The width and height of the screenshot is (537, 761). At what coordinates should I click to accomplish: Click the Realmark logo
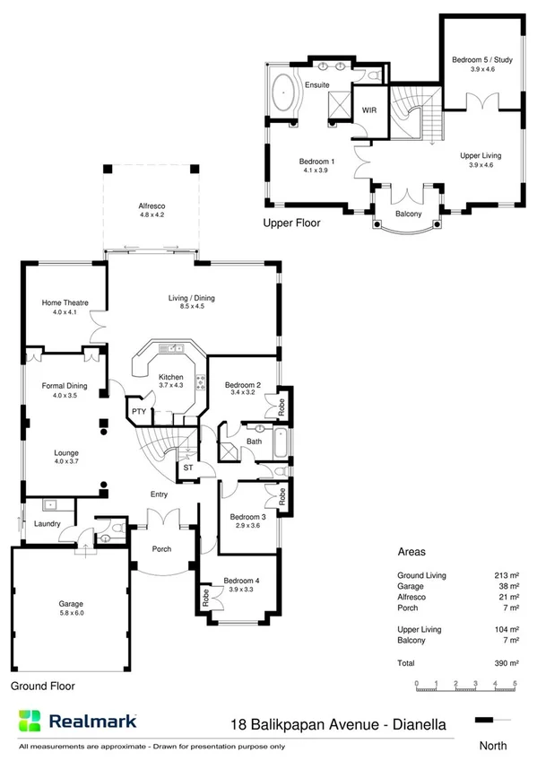coord(77,721)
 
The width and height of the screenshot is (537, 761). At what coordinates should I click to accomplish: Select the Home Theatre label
coord(65,302)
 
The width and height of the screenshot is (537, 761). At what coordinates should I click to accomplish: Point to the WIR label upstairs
coord(368,109)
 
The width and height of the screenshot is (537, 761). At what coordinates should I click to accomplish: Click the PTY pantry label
coord(139,411)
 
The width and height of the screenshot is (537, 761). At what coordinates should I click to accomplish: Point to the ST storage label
coord(187,468)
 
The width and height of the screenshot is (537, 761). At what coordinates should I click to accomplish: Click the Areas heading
coord(411,553)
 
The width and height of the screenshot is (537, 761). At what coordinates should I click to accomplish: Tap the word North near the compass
coord(492,744)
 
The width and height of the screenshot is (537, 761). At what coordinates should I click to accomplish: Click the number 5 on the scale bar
coord(515,684)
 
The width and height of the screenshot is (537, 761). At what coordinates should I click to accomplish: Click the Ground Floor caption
coord(43,686)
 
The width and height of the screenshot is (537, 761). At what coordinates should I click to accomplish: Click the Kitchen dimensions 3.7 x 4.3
coord(170,385)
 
